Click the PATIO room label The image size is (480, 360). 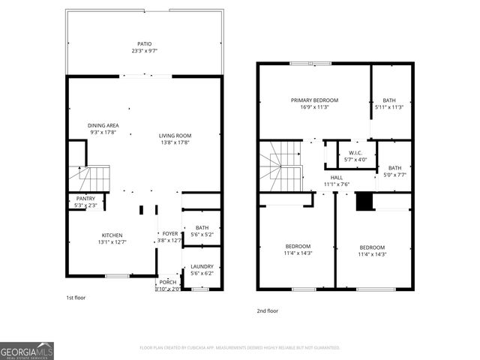[x=144, y=44]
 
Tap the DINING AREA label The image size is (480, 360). [x=103, y=125]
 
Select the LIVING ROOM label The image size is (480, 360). [x=175, y=136]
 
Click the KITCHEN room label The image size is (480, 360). [x=112, y=234]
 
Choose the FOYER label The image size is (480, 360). [x=170, y=233]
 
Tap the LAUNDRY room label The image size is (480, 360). [x=202, y=266]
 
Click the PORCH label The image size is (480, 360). [x=168, y=282]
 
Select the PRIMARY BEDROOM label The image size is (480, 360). [x=315, y=100]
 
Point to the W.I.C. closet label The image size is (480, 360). [x=355, y=152]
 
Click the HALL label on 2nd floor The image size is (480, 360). [x=337, y=177]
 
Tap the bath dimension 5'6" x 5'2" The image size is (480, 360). [x=202, y=235]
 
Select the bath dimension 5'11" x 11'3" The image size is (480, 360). [x=389, y=107]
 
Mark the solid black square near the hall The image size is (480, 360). [x=364, y=202]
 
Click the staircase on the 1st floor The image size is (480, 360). [x=89, y=178]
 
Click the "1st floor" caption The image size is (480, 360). [x=75, y=298]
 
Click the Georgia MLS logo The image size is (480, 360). [x=27, y=349]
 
